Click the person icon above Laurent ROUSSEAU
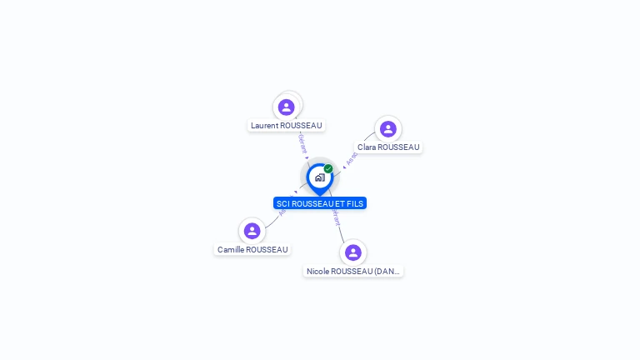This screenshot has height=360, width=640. point(287,107)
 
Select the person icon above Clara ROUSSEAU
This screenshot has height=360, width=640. point(387,129)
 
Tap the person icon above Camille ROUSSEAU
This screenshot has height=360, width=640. point(252,231)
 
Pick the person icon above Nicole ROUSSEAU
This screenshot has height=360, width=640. point(353,252)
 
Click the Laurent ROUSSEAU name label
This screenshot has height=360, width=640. point(287,126)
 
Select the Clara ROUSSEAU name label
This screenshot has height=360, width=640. point(388,147)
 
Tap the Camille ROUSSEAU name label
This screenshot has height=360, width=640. point(252,250)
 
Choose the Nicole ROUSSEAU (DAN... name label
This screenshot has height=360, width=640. point(353,272)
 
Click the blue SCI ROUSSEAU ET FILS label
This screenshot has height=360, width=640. point(320,203)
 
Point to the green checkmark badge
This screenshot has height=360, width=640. point(328,168)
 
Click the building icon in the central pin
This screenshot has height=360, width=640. point(319,177)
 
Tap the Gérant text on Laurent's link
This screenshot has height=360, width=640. point(302,143)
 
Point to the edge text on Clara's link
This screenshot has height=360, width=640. point(352,158)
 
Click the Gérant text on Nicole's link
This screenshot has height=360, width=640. point(336,217)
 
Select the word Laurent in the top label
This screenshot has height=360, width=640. point(265,126)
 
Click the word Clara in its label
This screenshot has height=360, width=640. point(367,147)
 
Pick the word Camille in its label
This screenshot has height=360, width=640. point(232,250)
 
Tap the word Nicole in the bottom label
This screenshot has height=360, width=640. point(317,272)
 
